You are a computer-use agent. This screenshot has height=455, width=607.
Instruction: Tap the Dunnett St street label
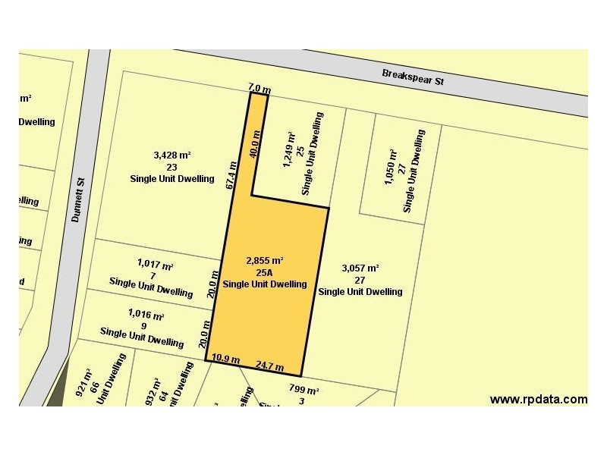pos(76,198)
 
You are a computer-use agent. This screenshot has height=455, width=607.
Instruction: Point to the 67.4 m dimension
pos(232,174)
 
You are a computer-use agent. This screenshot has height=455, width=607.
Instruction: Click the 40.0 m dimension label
pos(256,143)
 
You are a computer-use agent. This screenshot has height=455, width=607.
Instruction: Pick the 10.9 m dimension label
pos(225,359)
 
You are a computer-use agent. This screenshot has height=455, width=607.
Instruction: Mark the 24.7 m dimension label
pos(269,366)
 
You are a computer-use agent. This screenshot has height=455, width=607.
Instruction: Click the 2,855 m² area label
pos(265,261)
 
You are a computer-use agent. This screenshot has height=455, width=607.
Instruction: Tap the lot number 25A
pos(265,272)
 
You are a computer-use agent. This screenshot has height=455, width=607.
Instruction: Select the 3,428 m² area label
pos(171,155)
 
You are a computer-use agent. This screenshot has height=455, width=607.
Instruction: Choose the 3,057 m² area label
pos(360,268)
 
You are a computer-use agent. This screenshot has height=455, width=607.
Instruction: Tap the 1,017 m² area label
pos(156,264)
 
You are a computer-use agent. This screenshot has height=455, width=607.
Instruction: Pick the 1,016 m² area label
pos(146,315)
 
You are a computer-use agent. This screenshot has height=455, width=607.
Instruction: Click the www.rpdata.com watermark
pos(538,399)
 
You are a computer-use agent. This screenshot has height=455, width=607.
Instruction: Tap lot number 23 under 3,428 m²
pos(171,167)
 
